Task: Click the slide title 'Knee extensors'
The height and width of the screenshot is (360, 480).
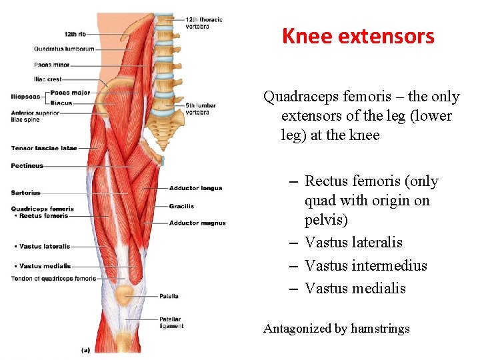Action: [358, 35]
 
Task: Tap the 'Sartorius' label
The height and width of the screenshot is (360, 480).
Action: [25, 193]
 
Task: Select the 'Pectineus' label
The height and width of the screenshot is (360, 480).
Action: [27, 165]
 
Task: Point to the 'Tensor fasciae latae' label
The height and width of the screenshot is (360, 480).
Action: [44, 148]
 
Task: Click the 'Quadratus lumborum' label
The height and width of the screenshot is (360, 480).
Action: [64, 49]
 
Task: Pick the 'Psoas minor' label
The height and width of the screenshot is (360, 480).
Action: [51, 65]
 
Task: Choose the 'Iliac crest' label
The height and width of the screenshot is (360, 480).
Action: [47, 79]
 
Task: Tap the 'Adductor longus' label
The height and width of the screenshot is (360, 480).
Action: [195, 189]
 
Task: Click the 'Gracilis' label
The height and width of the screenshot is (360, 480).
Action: [181, 206]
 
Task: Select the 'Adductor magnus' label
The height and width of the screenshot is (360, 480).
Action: [197, 223]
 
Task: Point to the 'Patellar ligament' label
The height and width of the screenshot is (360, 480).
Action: [171, 323]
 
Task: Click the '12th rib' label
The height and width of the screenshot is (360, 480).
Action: [74, 33]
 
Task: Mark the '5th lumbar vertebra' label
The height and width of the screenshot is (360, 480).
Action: [202, 109]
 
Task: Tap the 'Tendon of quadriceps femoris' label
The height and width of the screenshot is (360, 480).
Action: [53, 279]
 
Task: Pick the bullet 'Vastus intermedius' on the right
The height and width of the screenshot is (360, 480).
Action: [365, 265]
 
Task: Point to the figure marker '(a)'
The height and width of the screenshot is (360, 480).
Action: [85, 349]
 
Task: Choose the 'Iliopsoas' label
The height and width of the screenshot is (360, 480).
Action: [25, 97]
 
